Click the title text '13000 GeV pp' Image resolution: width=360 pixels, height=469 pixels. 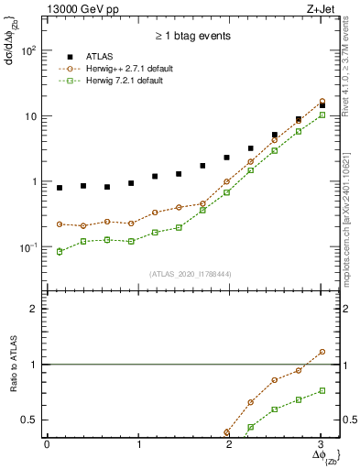click(82, 10)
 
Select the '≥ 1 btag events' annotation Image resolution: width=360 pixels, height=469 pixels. click(193, 37)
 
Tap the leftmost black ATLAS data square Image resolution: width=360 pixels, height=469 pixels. click(60, 188)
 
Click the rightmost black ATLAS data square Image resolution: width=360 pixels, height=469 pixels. click(322, 106)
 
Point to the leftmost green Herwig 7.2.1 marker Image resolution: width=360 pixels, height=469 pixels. click(60, 251)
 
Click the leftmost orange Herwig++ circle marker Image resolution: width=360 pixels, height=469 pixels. click(60, 224)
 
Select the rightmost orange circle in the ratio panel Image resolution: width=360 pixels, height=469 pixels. click(322, 352)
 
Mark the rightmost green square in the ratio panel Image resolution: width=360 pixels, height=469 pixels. click(322, 390)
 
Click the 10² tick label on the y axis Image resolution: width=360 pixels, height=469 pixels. click(29, 51)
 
